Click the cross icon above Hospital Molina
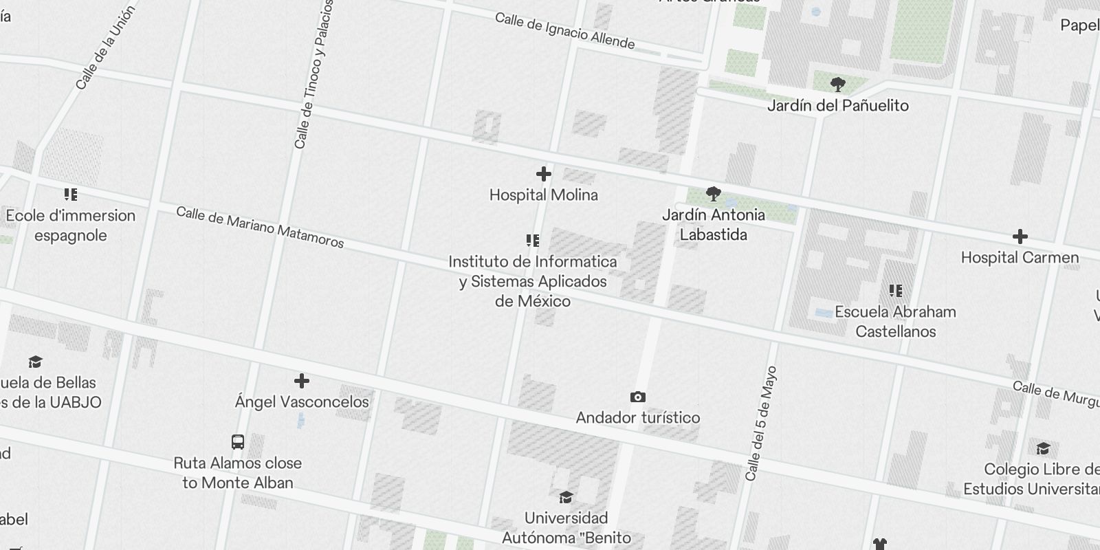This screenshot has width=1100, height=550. tap(543, 174)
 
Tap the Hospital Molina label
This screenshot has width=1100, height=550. tap(543, 195)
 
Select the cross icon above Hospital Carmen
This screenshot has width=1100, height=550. tap(1020, 237)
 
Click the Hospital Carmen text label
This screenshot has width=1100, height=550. tap(1020, 258)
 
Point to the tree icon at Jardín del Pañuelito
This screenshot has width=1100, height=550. tap(837, 85)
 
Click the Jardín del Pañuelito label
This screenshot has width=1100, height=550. tap(837, 106)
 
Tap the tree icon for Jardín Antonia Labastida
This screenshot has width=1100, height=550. tap(713, 194)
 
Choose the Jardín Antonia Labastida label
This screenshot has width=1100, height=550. tap(713, 225)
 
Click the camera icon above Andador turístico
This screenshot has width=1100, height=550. tap(637, 397)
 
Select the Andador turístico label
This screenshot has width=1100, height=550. tap(637, 418)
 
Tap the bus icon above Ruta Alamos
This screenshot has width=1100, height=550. tap(237, 442)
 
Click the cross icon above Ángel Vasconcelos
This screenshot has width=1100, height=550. tap(301, 381)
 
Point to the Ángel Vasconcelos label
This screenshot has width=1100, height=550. tap(301, 402)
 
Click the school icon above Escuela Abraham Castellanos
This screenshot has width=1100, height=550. tap(895, 291)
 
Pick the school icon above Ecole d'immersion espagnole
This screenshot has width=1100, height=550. tap(70, 195)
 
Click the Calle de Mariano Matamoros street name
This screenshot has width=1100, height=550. tap(260, 227)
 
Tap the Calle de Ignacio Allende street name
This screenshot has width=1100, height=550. tap(564, 31)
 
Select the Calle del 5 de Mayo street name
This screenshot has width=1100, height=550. tap(761, 423)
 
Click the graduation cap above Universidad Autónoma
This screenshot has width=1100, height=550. tap(566, 497)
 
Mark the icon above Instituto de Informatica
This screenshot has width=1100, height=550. tap(532, 241)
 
